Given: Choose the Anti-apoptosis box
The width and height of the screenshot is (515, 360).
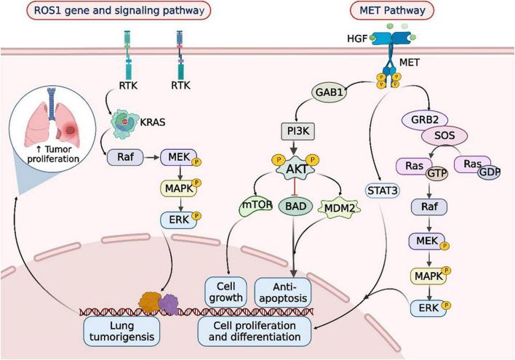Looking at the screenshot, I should [284, 290].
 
